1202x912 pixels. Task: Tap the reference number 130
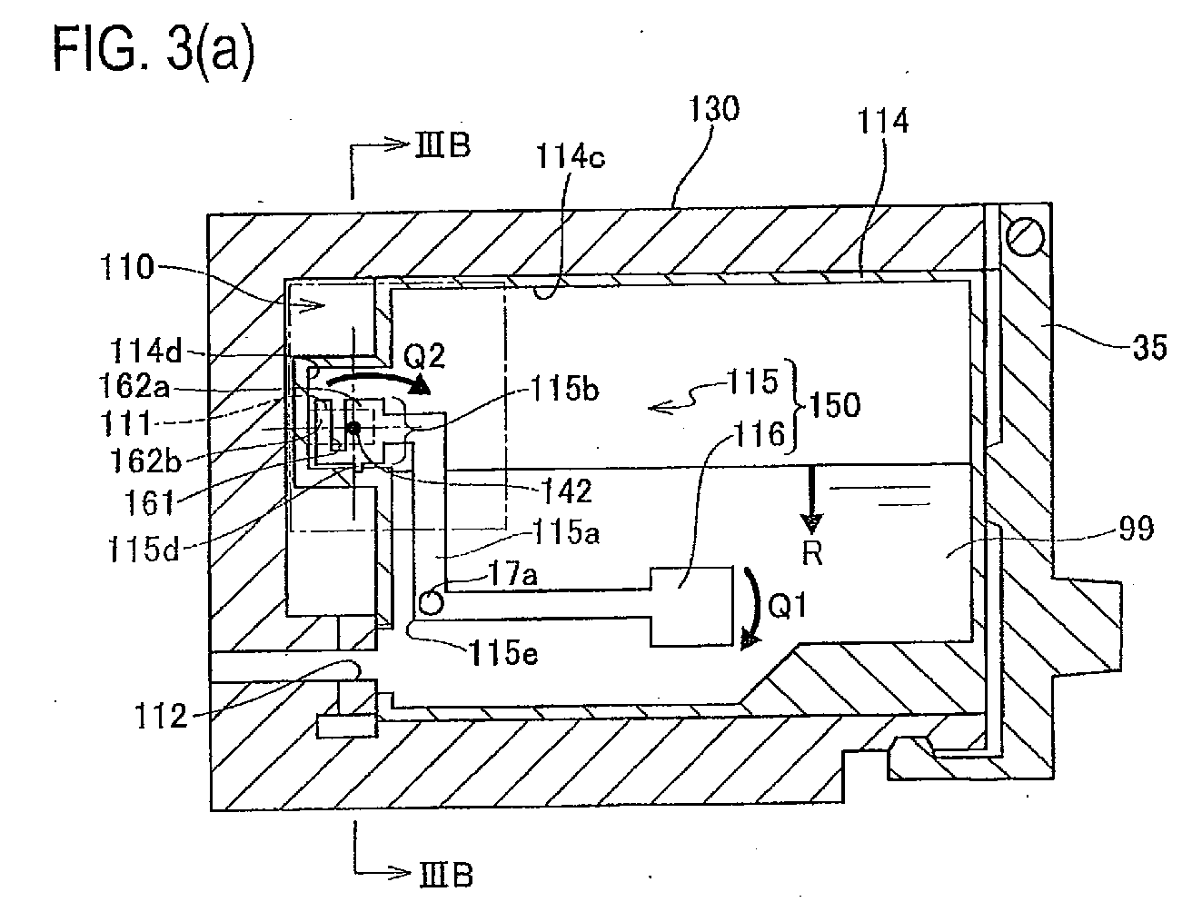coord(713,108)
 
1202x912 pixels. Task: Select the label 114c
coord(570,157)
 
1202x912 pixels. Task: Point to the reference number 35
coord(1150,348)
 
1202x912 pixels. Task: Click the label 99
coord(1137,529)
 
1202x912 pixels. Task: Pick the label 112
coord(161,716)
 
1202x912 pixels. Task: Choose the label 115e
coord(503,652)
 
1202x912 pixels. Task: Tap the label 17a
coord(512,575)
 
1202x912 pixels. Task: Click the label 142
coord(566,491)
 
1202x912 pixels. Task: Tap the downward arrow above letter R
coord(812,501)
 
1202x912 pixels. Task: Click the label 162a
coord(134,386)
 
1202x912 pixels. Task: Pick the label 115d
coord(144,548)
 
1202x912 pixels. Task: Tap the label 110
coord(127,268)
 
